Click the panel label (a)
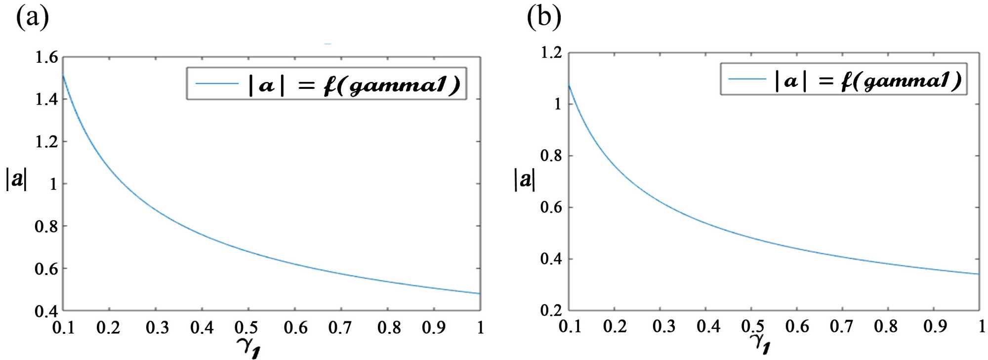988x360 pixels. (x=33, y=18)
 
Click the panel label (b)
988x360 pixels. (x=543, y=18)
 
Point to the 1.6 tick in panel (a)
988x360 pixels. (x=46, y=58)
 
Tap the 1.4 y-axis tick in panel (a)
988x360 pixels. (x=46, y=100)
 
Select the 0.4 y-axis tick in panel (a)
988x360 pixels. (x=46, y=311)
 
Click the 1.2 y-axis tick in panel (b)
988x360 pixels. (x=551, y=53)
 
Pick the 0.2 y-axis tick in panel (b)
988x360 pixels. (x=551, y=310)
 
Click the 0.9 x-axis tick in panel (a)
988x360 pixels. (x=434, y=327)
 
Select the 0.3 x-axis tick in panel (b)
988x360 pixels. (x=663, y=326)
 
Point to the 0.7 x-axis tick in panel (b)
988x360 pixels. (x=841, y=326)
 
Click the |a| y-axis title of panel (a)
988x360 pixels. (x=16, y=179)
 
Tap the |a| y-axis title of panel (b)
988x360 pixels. (x=525, y=179)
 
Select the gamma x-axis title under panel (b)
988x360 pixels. (x=760, y=343)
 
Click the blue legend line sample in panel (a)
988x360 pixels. (x=217, y=83)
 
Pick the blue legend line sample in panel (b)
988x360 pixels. (x=747, y=79)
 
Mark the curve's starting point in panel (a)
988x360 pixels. (x=64, y=75)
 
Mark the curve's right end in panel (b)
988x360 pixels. (x=979, y=274)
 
